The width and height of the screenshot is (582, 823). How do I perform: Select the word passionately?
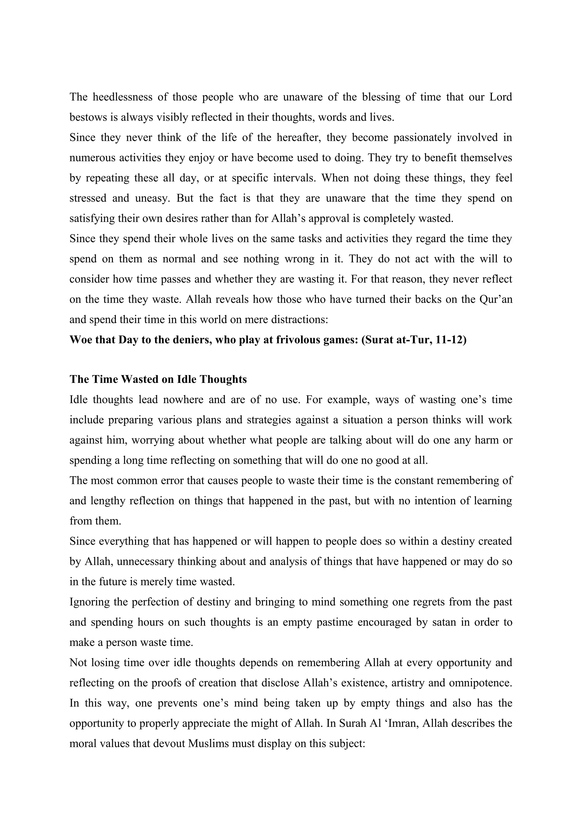click(422, 138)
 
